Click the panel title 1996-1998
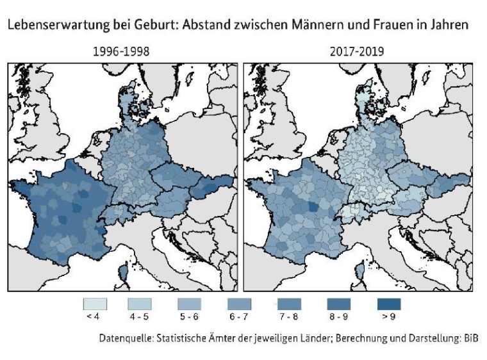[122, 52]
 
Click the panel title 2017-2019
[358, 52]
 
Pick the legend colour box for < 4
[95, 304]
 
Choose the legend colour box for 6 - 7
[240, 304]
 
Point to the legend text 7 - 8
[288, 316]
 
